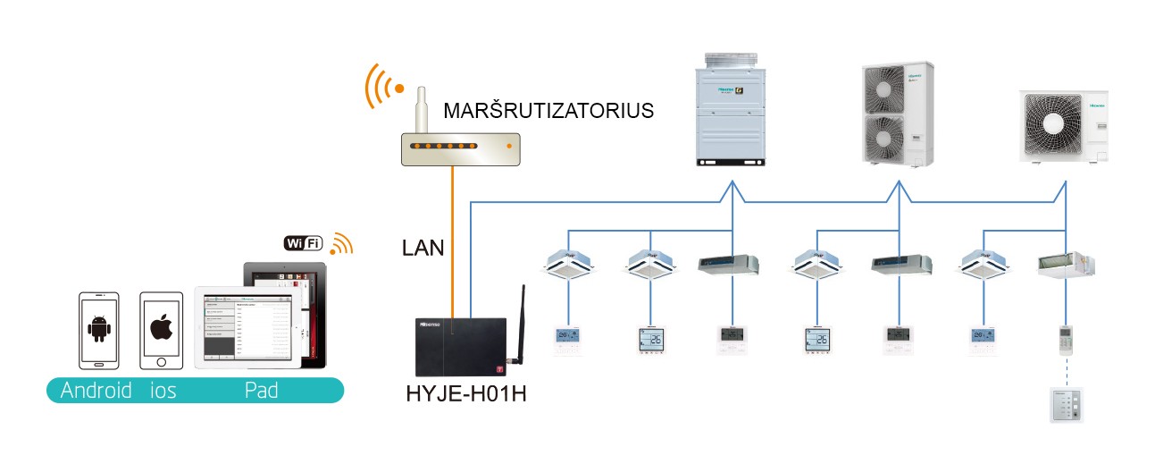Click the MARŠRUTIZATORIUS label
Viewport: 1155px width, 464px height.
(548, 112)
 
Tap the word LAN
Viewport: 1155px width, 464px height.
(423, 248)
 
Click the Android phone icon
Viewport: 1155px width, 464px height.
(98, 329)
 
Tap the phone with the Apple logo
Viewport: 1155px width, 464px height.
(161, 329)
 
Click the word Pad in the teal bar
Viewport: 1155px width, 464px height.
(261, 391)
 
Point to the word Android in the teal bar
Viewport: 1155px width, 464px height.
(96, 391)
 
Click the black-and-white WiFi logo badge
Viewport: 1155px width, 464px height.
(305, 243)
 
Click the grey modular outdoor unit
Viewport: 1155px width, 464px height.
(732, 108)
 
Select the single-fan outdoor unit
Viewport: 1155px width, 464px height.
(1064, 126)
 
